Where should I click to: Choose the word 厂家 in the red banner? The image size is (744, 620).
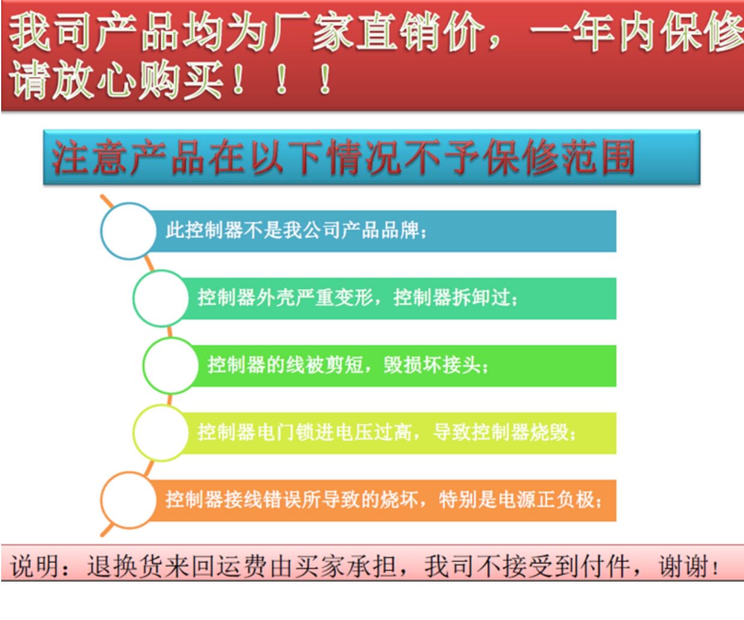click(290, 33)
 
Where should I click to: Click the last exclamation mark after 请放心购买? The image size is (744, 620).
click(325, 80)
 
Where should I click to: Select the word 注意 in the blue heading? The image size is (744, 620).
click(88, 157)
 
